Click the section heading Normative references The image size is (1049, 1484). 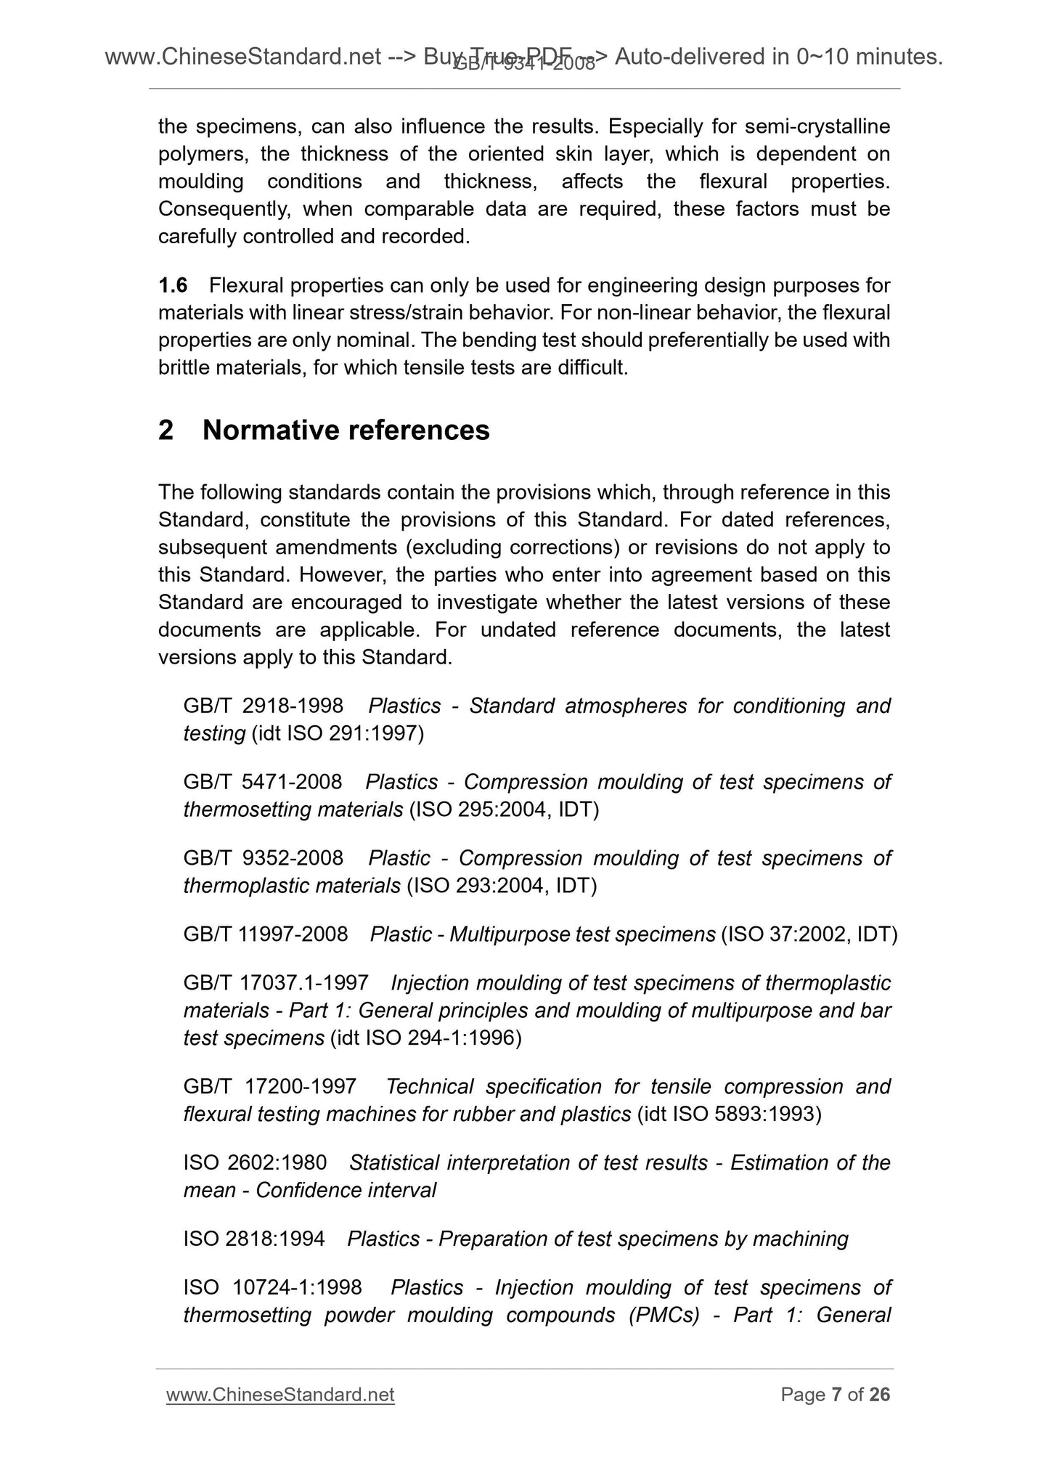pos(346,431)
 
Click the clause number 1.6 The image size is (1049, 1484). pos(173,285)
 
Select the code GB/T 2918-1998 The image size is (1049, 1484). pos(263,706)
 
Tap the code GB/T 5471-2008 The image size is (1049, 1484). pos(262,782)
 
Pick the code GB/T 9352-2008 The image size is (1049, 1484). pos(263,858)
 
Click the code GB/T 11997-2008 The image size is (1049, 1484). pos(266,934)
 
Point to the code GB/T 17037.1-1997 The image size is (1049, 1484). pos(276,983)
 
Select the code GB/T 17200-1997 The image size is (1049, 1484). pos(269,1087)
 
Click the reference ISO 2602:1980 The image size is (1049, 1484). pos(255,1163)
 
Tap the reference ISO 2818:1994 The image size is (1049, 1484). pos(254,1239)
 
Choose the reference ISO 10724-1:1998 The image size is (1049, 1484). pos(272,1287)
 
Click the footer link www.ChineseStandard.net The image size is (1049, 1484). pos(280,1395)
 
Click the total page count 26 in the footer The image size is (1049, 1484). pos(879,1395)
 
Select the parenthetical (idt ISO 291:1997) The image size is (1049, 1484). pos(338,733)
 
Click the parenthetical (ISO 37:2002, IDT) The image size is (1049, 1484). pos(809,934)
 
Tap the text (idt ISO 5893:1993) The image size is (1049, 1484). pos(729,1114)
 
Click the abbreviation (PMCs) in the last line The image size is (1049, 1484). pos(664,1315)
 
